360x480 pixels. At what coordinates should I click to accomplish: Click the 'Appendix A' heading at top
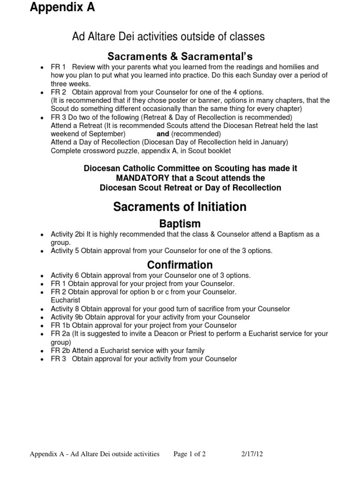click(x=62, y=7)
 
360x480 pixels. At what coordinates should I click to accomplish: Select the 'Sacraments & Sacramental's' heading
click(x=180, y=57)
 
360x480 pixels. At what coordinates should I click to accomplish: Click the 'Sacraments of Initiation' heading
click(x=180, y=206)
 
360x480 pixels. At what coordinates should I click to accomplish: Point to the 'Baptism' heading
click(x=180, y=223)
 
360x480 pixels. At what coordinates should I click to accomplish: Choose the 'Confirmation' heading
click(x=180, y=265)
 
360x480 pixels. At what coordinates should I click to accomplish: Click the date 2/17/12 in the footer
click(x=252, y=454)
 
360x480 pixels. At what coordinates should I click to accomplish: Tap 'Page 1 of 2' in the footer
click(x=189, y=454)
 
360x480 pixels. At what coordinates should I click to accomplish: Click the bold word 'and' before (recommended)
click(x=163, y=134)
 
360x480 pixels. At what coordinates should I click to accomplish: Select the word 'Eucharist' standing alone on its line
click(x=65, y=300)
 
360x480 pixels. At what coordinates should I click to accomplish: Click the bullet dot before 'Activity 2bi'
click(x=42, y=234)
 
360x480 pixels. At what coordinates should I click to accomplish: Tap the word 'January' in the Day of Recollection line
click(x=273, y=142)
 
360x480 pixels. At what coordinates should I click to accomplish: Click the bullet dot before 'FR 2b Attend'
click(x=42, y=351)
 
